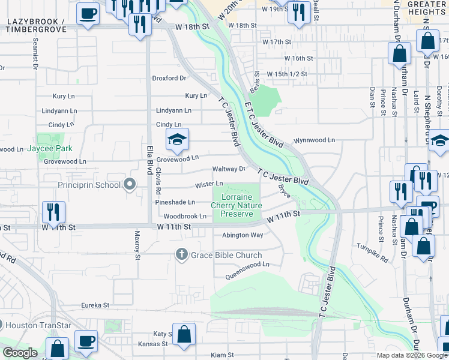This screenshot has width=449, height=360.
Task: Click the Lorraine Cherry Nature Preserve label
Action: point(236,205)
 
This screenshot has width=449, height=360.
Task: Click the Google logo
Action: point(19,353)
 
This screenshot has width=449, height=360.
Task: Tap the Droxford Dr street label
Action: point(169,78)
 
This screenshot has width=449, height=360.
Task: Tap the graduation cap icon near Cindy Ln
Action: point(177,140)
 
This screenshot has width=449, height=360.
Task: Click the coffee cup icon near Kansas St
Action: point(86,341)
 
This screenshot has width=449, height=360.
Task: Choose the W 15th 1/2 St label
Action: point(287,74)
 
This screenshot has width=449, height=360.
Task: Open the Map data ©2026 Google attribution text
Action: point(412,355)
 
